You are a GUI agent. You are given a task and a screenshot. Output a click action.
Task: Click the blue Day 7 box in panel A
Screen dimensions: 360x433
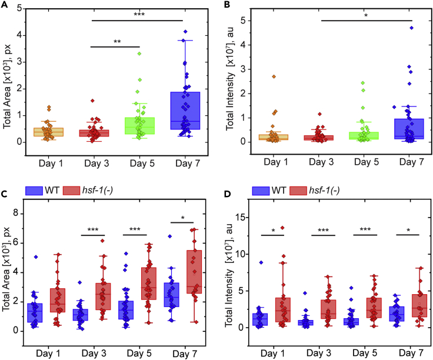coord(185,111)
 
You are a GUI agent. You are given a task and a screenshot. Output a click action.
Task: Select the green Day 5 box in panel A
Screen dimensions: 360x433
coord(140,125)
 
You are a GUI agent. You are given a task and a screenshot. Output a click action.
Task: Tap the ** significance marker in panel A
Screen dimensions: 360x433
coord(116,42)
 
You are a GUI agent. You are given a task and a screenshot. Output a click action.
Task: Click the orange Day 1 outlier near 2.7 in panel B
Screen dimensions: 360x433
coord(273,76)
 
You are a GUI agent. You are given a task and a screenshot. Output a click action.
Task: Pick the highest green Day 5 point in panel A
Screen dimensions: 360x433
coord(139,54)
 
